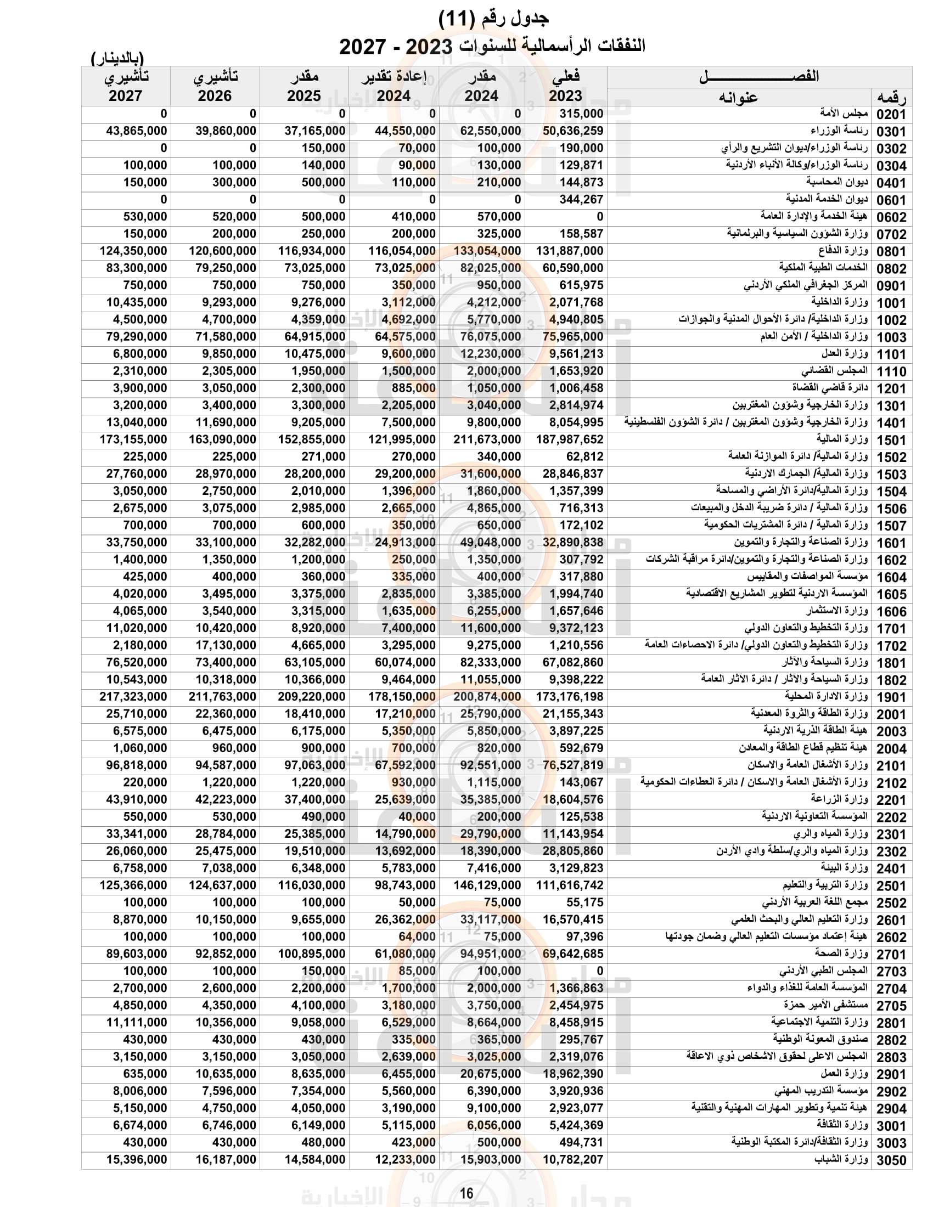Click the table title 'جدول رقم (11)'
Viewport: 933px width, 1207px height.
493,19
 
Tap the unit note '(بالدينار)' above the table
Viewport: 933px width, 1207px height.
117,58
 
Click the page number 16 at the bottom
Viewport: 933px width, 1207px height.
466,1193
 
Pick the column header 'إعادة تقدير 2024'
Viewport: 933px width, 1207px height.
394,86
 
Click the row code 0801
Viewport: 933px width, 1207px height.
891,252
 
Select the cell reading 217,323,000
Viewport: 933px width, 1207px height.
133,697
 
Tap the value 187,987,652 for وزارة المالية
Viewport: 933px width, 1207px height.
569,440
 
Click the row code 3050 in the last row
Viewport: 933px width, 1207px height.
891,1160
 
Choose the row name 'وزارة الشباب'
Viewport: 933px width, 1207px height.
841,1159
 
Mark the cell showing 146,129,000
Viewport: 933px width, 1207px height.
487,885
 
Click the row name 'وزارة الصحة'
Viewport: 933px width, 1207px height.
841,954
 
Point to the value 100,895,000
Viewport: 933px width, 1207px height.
312,954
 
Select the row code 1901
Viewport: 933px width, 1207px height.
891,697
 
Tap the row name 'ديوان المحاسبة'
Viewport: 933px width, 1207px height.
836,182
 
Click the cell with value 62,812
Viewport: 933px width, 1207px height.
585,457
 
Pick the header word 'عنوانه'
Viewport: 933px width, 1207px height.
738,98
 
